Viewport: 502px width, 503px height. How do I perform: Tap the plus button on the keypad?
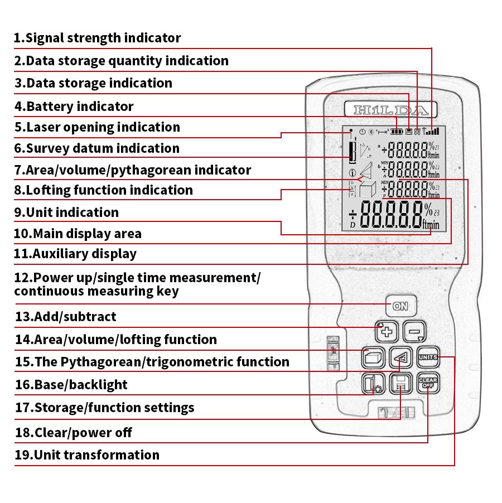pos(387,332)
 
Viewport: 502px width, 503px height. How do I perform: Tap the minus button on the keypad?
pos(414,332)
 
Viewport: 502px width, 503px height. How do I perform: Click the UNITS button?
pos(428,357)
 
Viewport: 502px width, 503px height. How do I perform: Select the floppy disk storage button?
pos(400,384)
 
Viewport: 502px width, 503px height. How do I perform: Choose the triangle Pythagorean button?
pos(400,358)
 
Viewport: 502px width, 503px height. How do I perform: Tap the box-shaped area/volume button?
pos(373,358)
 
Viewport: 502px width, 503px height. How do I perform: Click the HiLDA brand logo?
pos(390,110)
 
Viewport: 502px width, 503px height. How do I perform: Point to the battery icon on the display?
pos(397,132)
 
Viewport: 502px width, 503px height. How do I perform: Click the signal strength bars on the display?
pos(431,132)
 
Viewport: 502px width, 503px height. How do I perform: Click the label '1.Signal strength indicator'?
pos(98,38)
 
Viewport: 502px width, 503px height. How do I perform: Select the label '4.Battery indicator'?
pos(74,107)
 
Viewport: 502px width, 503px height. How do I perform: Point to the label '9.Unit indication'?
pos(66,212)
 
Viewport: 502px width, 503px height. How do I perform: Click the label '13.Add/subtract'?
pos(66,317)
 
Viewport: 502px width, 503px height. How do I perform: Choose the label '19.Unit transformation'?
pos(87,455)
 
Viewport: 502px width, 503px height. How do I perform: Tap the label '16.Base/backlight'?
pos(71,385)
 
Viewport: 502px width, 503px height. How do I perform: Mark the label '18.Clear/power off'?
pos(74,433)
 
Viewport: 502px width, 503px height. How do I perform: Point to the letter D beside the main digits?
pos(353,224)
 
